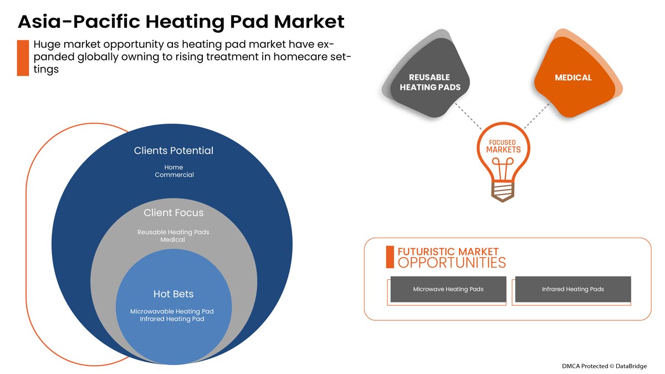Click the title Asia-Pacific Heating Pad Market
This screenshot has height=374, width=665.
click(x=181, y=22)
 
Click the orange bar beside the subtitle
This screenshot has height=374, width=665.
click(x=23, y=58)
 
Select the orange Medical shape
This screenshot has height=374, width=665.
click(x=574, y=78)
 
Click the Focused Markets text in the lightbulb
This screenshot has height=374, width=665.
click(x=503, y=146)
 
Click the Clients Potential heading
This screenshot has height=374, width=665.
click(x=173, y=151)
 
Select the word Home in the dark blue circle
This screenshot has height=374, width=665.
click(x=173, y=167)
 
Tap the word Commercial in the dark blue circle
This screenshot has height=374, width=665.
click(x=174, y=175)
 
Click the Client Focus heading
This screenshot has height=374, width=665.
click(x=173, y=213)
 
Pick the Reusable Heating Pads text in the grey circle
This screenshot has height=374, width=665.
click(x=173, y=232)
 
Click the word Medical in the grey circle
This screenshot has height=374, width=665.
click(x=173, y=240)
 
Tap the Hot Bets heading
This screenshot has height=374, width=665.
click(x=173, y=294)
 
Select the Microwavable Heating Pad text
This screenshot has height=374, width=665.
click(x=172, y=311)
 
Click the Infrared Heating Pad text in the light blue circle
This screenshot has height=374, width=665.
click(x=172, y=319)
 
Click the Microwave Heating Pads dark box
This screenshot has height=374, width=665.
click(x=448, y=289)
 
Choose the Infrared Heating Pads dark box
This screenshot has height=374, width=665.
click(x=573, y=289)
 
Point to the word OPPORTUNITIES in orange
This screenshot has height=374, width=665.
click(x=452, y=263)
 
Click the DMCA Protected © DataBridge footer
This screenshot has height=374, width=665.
click(x=604, y=366)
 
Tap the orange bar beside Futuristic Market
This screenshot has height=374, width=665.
click(x=390, y=257)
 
